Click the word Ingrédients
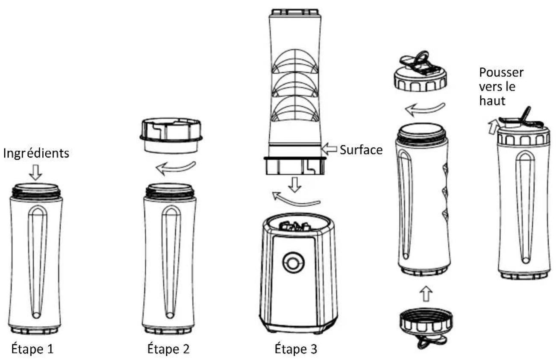(x=36, y=154)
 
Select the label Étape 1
(x=32, y=349)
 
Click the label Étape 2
(x=168, y=349)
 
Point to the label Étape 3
(x=296, y=349)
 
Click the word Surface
(x=361, y=150)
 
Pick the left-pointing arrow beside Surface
(x=329, y=149)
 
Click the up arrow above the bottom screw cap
(x=427, y=294)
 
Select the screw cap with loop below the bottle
(x=426, y=327)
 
